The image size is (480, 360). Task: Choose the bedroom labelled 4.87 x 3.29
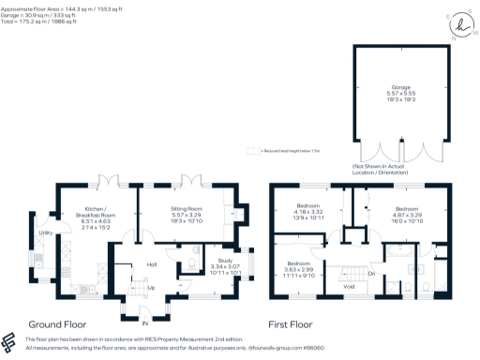[406, 213]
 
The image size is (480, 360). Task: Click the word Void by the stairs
[349, 285]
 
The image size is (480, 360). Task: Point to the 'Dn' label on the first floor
[372, 273]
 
